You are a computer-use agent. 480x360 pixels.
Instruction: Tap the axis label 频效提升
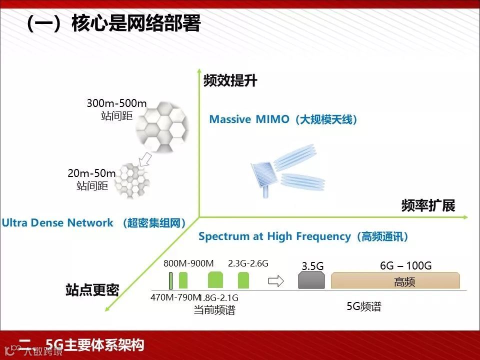click(230, 81)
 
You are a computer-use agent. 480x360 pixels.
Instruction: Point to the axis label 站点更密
click(92, 290)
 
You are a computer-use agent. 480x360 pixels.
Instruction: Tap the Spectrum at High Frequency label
click(303, 236)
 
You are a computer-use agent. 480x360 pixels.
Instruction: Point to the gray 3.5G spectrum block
click(311, 280)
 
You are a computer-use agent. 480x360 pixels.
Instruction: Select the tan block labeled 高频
click(395, 281)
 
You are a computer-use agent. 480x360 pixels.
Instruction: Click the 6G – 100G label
click(405, 265)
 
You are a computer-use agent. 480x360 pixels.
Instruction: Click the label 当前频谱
click(214, 310)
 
